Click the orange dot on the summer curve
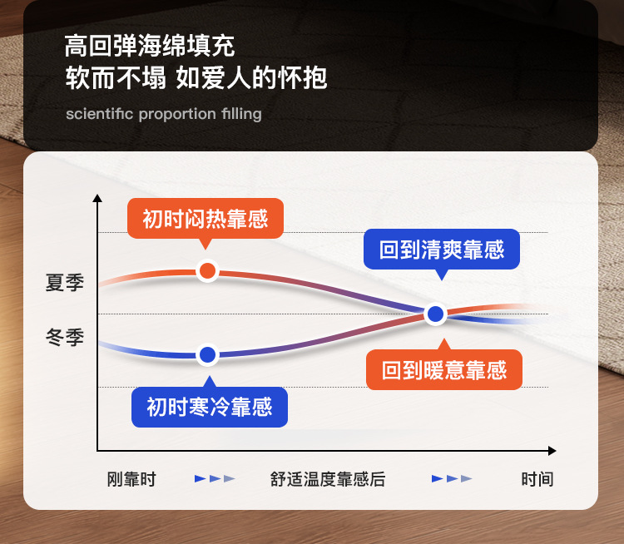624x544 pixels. coord(207,271)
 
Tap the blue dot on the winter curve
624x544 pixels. coord(207,354)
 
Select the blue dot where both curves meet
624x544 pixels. coord(435,314)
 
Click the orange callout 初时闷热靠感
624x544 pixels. coord(206,219)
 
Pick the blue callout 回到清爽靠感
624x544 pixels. coord(442,250)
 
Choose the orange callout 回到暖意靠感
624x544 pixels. coord(444,369)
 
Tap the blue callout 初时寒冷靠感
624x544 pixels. coord(210,407)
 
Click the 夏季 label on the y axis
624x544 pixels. coord(65,283)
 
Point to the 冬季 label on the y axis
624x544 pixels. coord(65,337)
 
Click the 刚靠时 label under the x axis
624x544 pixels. coord(131,479)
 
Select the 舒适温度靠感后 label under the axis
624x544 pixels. coord(328,479)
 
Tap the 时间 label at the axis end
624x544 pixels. coord(537,479)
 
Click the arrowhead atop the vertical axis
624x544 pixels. coord(97,198)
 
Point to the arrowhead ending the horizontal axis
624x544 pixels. coord(552,451)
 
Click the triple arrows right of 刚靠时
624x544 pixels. coord(215,479)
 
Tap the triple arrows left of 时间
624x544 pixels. coord(452,479)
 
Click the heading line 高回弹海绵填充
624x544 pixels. coord(150,46)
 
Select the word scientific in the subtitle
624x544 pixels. coord(100,114)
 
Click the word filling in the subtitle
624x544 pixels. coord(241,114)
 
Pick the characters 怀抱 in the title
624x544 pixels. coord(303,77)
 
